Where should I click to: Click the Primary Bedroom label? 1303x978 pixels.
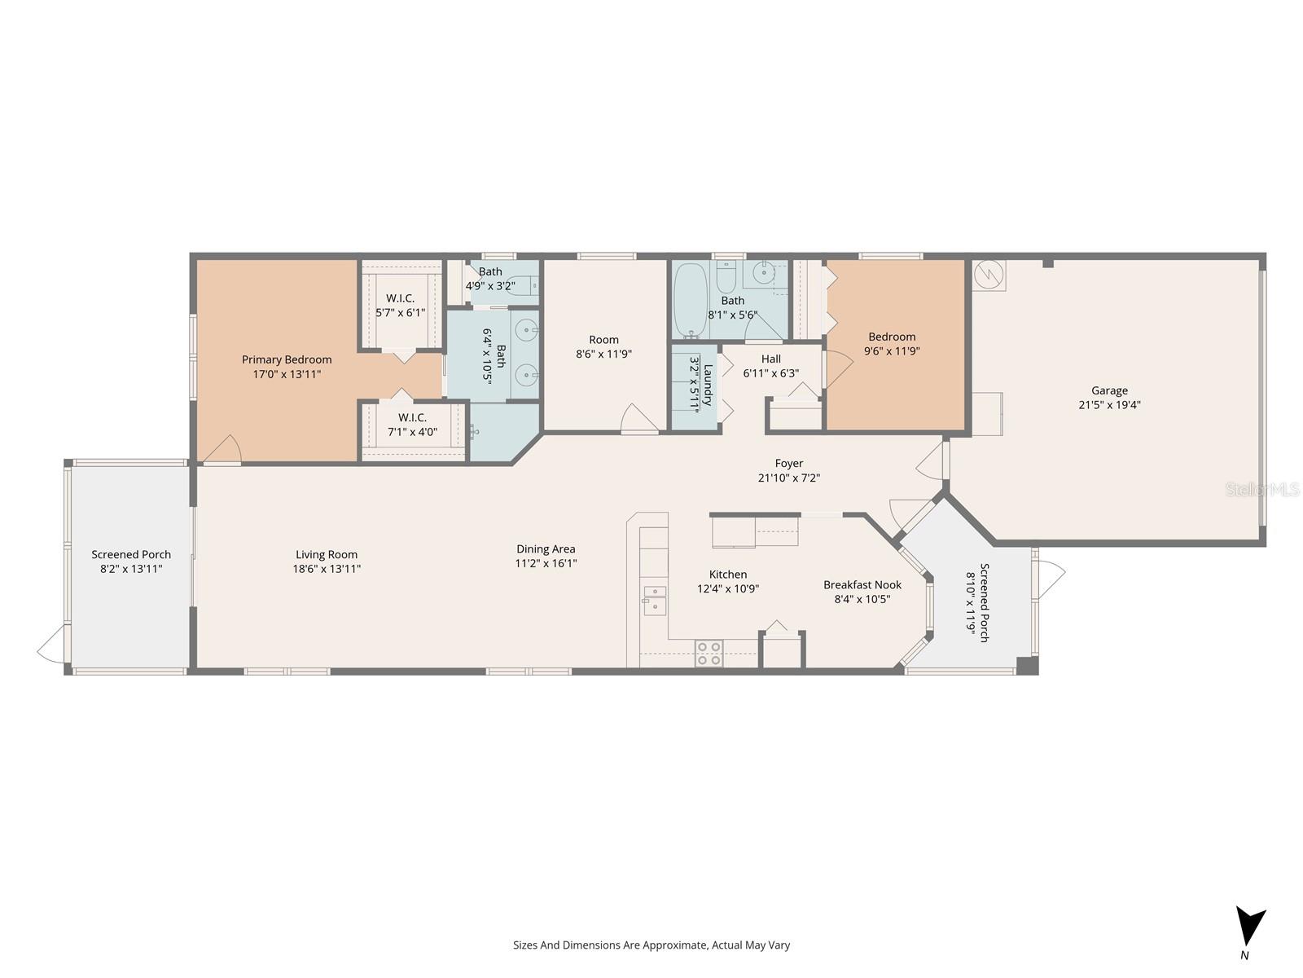point(287,359)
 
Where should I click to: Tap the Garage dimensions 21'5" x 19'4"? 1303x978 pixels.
point(1109,404)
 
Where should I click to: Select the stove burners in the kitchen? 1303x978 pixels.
point(709,654)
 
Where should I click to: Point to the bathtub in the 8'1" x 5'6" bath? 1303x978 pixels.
point(691,299)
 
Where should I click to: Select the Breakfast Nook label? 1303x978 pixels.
point(862,584)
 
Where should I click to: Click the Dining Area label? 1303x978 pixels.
point(546,548)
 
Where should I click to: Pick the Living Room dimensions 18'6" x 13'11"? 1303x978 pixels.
point(327,569)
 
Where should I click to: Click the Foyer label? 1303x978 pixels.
point(788,463)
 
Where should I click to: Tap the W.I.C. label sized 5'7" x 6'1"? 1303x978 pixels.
point(400,298)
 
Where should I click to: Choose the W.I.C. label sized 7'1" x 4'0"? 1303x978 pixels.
point(412,417)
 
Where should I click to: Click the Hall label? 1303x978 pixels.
point(770,359)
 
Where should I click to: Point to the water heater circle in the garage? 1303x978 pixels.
point(989,275)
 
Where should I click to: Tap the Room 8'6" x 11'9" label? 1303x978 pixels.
point(603,339)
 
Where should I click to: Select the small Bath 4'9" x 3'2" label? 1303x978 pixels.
point(490,271)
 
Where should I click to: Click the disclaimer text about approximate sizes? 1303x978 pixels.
point(651,945)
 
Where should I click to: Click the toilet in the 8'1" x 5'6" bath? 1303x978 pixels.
point(727,278)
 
